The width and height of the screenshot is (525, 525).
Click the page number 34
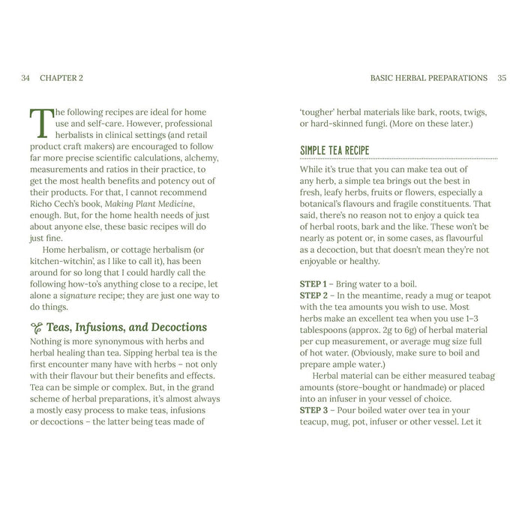point(26,78)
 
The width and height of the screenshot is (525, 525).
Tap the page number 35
point(502,78)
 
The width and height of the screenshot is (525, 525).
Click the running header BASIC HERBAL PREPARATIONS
point(429,78)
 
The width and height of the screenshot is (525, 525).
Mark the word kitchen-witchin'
point(63,258)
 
